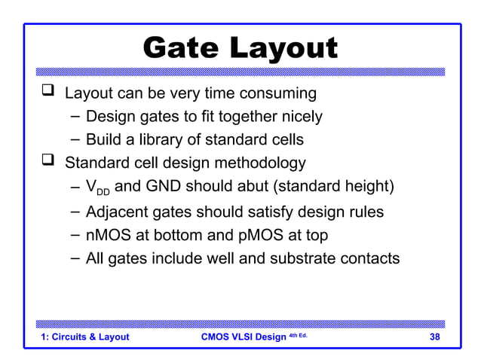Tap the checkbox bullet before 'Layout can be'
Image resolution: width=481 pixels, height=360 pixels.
(48, 93)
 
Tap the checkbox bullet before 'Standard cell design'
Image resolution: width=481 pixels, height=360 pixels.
(48, 161)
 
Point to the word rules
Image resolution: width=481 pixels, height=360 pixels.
(362, 212)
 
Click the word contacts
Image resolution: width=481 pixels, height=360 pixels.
(369, 258)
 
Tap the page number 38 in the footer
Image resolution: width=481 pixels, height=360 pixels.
(434, 337)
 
